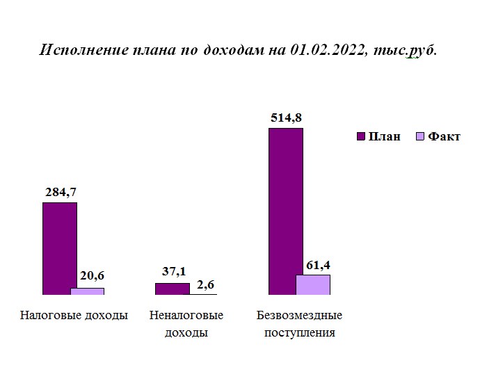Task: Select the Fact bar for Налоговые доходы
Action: pyautogui.click(x=87, y=291)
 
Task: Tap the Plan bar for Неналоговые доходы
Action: pyautogui.click(x=172, y=289)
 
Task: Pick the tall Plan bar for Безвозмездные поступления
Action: pyautogui.click(x=285, y=209)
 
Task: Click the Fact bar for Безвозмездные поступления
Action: pyautogui.click(x=313, y=285)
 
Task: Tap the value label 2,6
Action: pyautogui.click(x=205, y=284)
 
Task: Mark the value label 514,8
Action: pyautogui.click(x=286, y=118)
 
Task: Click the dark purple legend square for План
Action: pyautogui.click(x=360, y=136)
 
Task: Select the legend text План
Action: pyautogui.click(x=385, y=136)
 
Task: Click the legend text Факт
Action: pyautogui.click(x=444, y=136)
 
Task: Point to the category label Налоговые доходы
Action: pyautogui.click(x=74, y=316)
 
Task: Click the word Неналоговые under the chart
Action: pyautogui.click(x=186, y=316)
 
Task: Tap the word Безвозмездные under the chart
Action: pyautogui.click(x=299, y=316)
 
